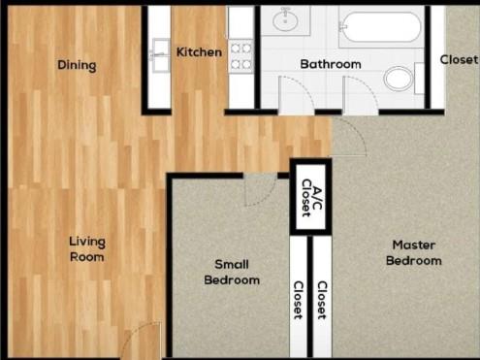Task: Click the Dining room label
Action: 77,66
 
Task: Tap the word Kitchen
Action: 199,51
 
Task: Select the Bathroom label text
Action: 330,65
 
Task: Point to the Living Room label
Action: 86,249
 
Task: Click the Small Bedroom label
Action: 232,272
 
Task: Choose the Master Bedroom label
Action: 413,252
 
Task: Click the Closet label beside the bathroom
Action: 459,59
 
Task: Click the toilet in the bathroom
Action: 400,77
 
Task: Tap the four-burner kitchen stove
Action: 240,55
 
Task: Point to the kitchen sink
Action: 161,55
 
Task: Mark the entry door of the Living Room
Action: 143,341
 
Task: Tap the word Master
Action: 413,245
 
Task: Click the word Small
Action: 232,264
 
